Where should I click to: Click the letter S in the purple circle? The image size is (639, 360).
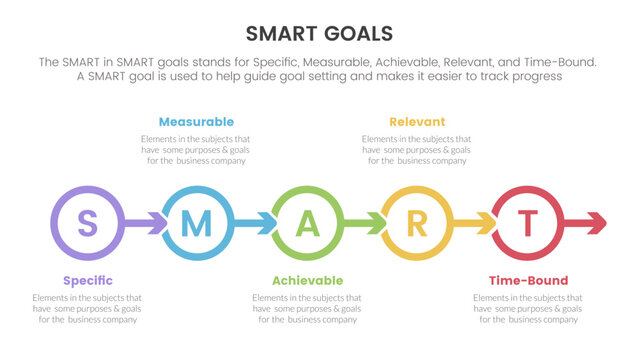(x=87, y=223)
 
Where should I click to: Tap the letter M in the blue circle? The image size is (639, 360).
(x=197, y=223)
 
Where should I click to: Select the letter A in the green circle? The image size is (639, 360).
(x=307, y=223)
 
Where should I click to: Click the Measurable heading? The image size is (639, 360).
(x=196, y=122)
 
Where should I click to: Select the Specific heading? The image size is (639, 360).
(x=87, y=280)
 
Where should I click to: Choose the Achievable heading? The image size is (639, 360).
(x=307, y=280)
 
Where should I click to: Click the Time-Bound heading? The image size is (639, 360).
(x=528, y=280)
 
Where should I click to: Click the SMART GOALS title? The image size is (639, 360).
(x=319, y=33)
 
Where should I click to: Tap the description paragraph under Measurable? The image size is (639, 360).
(x=196, y=149)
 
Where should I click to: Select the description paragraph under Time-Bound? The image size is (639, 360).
(x=528, y=308)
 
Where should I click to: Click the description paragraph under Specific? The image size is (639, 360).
(x=87, y=308)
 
